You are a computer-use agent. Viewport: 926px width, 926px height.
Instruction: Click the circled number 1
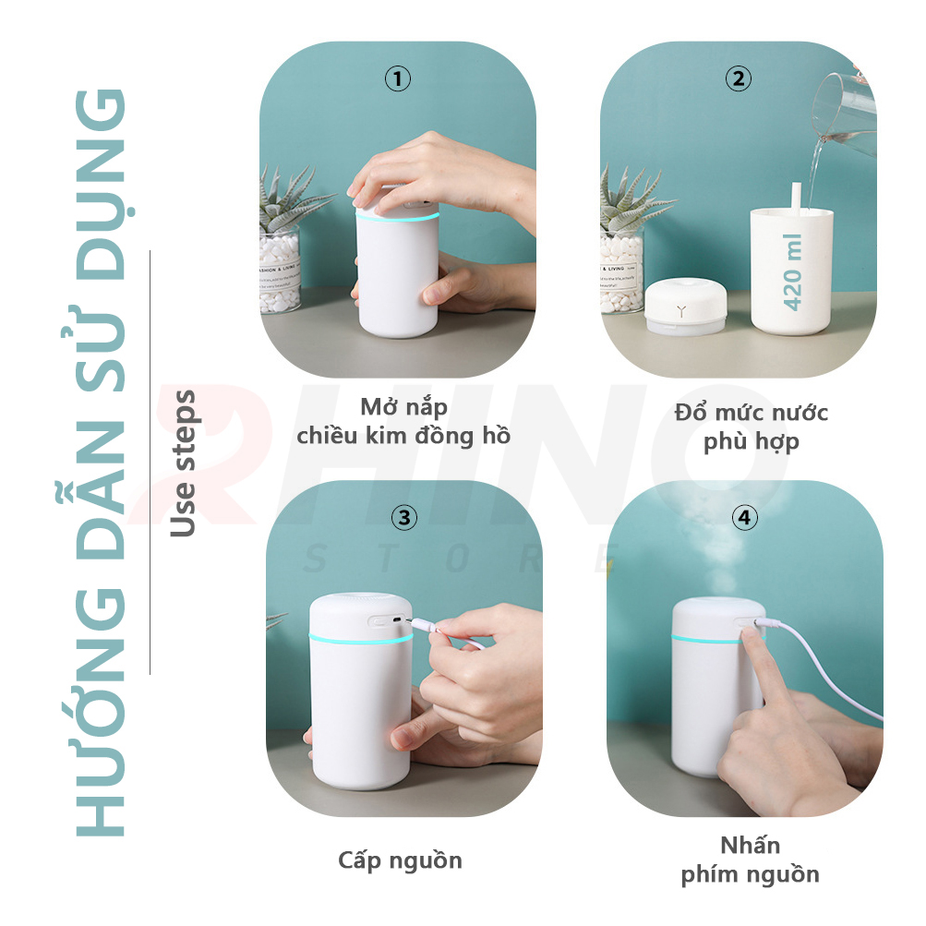(397, 78)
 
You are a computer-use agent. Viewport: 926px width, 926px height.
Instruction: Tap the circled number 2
(739, 78)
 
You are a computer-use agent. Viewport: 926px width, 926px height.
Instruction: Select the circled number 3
(404, 517)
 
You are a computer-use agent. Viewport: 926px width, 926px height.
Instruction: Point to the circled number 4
(745, 517)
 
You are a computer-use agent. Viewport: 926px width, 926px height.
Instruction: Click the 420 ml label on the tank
(792, 271)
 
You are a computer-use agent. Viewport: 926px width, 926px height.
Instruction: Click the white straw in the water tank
(796, 198)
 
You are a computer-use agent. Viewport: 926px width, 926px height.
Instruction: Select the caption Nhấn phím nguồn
(750, 860)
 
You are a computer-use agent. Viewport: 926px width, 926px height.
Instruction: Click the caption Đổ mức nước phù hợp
(752, 427)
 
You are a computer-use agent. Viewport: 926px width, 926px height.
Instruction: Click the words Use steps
(183, 463)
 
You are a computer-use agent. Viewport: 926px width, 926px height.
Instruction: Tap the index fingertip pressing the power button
(749, 634)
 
